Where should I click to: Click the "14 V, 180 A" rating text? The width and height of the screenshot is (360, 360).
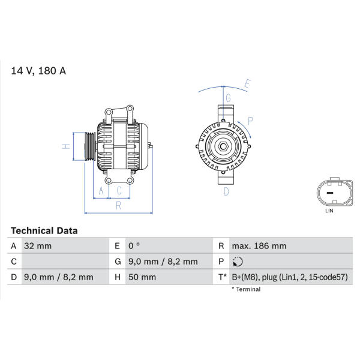[38, 71]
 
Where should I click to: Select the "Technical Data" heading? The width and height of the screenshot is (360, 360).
[44, 231]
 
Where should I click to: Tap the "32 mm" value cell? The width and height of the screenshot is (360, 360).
[38, 246]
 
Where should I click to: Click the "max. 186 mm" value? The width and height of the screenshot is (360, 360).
[259, 246]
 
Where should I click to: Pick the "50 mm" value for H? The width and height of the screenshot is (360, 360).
[142, 277]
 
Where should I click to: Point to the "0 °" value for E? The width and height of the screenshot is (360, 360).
[134, 246]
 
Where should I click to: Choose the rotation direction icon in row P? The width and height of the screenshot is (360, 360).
[238, 262]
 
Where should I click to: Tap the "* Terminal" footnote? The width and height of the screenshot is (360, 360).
[246, 289]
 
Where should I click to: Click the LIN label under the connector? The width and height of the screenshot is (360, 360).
[329, 211]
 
